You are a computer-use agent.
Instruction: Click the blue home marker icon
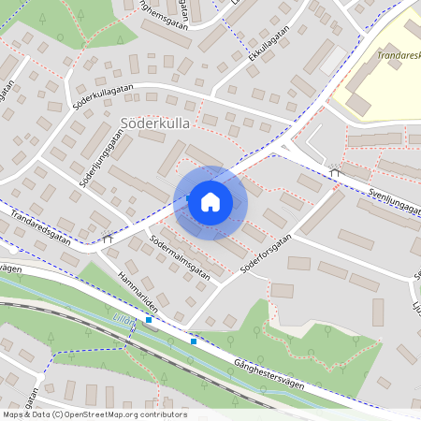click(x=210, y=201)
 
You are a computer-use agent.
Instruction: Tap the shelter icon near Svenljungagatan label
click(x=334, y=170)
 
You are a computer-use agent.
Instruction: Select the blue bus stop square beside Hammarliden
click(x=149, y=320)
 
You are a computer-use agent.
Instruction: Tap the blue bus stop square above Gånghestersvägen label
click(x=194, y=341)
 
